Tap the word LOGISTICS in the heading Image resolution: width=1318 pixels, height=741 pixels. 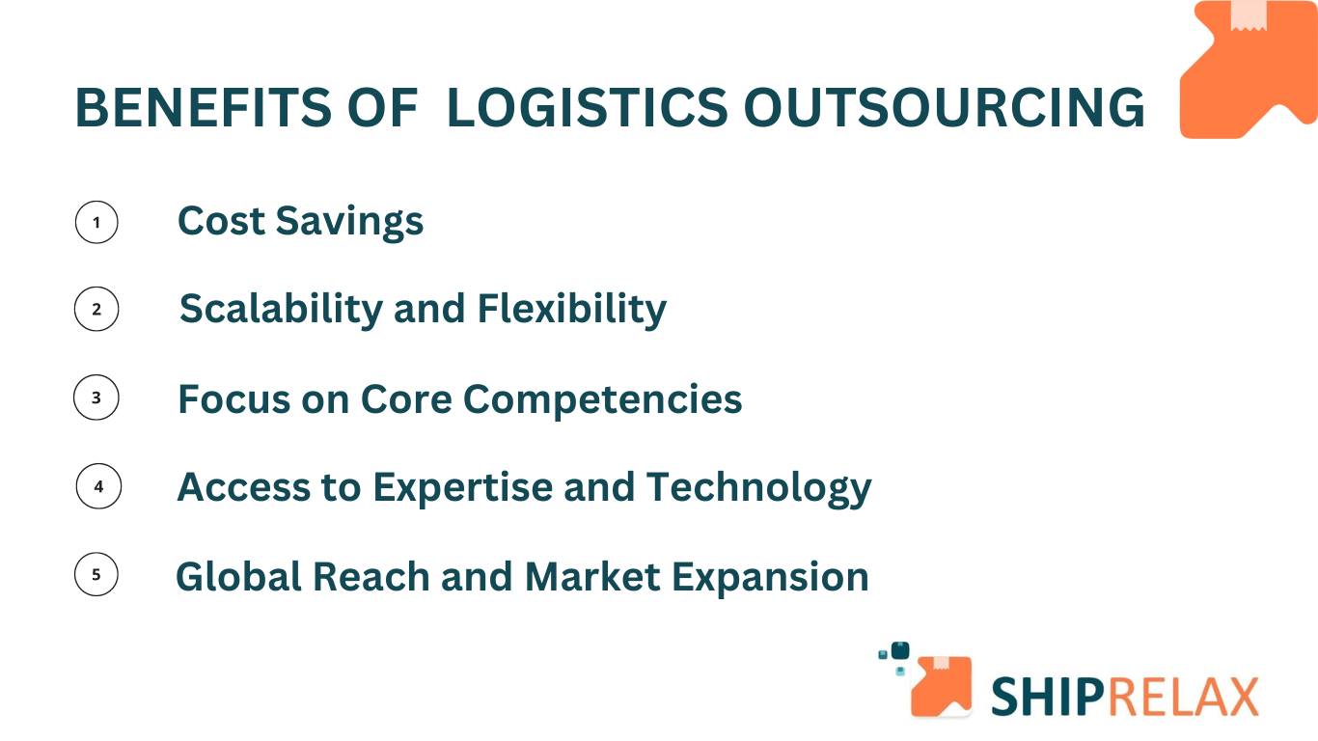tap(587, 107)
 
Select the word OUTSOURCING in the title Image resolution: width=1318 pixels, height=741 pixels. tap(944, 107)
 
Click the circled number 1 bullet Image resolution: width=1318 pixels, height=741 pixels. tap(96, 223)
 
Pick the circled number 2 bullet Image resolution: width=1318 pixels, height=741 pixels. tap(96, 310)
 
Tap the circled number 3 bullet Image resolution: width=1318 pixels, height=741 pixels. tap(96, 398)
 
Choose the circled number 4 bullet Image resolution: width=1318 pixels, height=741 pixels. tap(98, 487)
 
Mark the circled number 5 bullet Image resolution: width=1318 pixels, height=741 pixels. tap(96, 575)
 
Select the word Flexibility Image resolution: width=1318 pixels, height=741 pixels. tap(571, 310)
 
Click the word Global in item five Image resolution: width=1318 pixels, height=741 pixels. tap(237, 577)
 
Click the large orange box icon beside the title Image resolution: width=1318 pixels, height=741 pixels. tap(1248, 69)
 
